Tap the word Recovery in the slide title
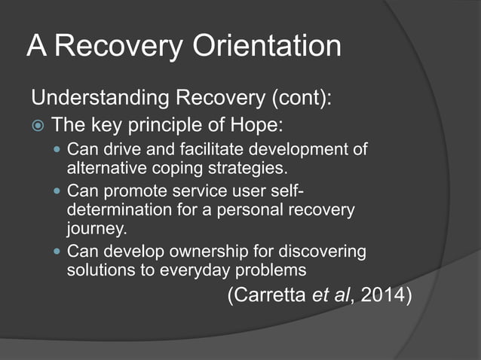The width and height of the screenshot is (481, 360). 116,47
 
